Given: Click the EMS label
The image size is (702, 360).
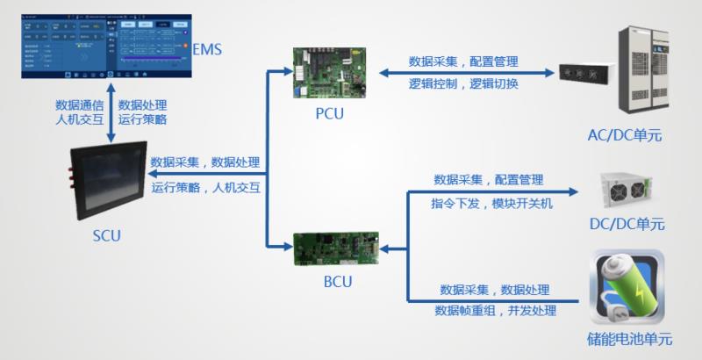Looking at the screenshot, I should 206,48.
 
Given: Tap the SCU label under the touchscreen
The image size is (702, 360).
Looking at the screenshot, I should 106,235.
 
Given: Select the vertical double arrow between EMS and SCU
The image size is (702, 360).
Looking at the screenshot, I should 111,112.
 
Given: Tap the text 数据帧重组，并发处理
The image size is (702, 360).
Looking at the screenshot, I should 495,310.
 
